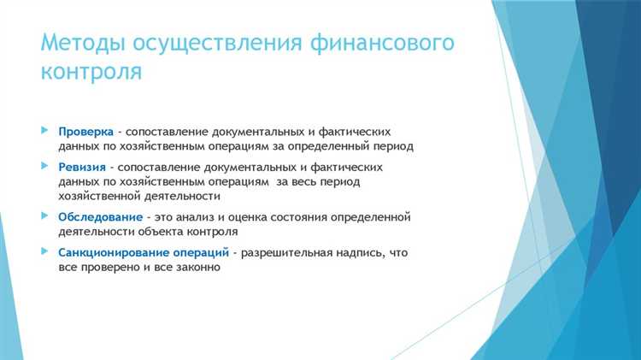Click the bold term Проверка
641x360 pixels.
(x=85, y=132)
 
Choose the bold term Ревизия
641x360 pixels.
(x=83, y=168)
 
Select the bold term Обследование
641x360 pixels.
(x=100, y=216)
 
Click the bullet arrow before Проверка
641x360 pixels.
(x=45, y=131)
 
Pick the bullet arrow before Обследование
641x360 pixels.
(x=45, y=215)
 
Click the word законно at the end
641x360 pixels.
(x=197, y=267)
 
